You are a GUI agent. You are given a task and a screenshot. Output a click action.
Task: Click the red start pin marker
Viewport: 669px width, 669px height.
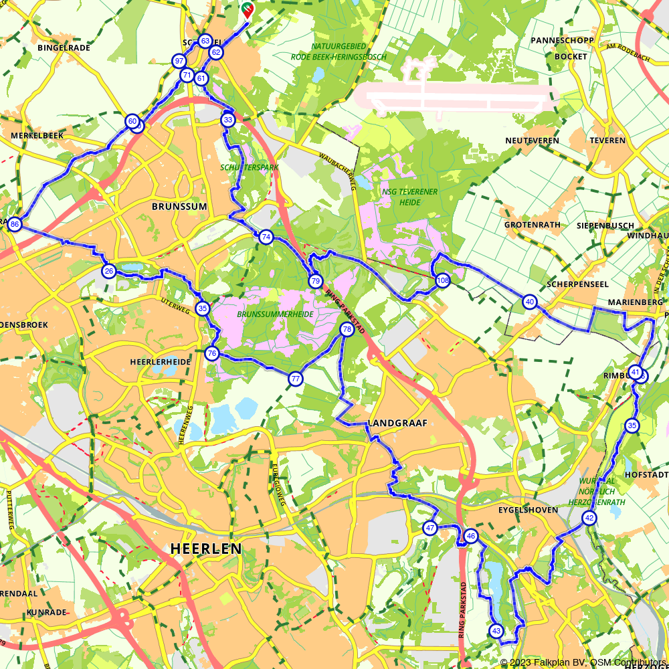point(248,10)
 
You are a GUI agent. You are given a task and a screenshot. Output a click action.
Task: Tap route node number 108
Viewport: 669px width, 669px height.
point(442,281)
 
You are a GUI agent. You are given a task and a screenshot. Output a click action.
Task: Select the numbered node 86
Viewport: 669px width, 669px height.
point(15,224)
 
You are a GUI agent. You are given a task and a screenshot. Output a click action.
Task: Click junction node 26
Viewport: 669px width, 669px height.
point(109,271)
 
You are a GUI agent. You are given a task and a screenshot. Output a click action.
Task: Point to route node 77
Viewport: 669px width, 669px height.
point(295,379)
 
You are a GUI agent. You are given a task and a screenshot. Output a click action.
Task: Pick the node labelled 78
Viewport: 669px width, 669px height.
point(347,329)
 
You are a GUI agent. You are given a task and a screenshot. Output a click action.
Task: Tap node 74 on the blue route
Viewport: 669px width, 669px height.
point(266,237)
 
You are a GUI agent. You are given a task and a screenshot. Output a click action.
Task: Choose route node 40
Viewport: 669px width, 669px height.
point(530,302)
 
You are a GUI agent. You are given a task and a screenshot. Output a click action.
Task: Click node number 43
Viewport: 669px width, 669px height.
point(496,631)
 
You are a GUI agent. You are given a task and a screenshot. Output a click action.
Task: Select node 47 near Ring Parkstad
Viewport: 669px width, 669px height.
point(430,528)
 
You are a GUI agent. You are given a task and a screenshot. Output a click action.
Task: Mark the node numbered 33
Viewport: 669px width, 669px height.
point(228,120)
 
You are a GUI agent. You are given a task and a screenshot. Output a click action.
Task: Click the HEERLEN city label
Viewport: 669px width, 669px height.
point(206,549)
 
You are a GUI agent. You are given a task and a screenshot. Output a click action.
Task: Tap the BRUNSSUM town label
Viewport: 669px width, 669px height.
point(179,207)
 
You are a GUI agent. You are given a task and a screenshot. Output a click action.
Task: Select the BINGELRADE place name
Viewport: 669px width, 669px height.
point(64,48)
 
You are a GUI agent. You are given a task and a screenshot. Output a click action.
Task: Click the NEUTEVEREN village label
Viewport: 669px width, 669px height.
point(532,140)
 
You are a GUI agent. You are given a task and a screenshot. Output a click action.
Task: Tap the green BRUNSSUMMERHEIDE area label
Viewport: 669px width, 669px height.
point(275,314)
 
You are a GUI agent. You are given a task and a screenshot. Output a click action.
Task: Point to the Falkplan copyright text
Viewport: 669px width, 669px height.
point(583,662)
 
